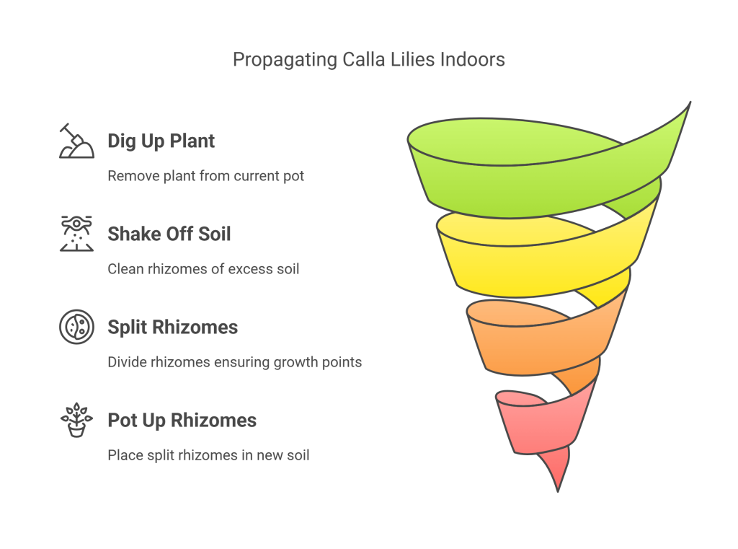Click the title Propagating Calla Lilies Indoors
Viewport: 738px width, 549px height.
tap(368, 60)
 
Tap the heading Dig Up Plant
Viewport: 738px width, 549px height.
tap(161, 141)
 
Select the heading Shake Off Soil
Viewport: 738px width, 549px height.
tap(169, 234)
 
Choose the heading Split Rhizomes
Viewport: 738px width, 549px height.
tap(173, 327)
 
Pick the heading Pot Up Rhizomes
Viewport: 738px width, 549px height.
tap(182, 421)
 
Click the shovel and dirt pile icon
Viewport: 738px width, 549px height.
tap(76, 141)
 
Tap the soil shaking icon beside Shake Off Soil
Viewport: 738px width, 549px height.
tap(76, 233)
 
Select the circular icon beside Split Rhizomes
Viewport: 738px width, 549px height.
tap(76, 327)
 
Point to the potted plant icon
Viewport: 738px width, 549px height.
tap(76, 420)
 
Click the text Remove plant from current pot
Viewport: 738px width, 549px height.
tap(205, 176)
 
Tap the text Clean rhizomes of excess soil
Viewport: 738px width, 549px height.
tap(203, 269)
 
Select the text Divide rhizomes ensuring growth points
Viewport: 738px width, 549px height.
tap(235, 362)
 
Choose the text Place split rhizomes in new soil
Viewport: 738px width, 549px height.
tap(208, 455)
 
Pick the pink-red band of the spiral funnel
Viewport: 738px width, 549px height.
tap(541, 426)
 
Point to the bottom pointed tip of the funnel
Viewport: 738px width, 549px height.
tap(558, 491)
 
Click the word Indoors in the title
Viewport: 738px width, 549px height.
tap(473, 60)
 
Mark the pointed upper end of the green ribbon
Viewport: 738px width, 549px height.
tap(690, 102)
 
